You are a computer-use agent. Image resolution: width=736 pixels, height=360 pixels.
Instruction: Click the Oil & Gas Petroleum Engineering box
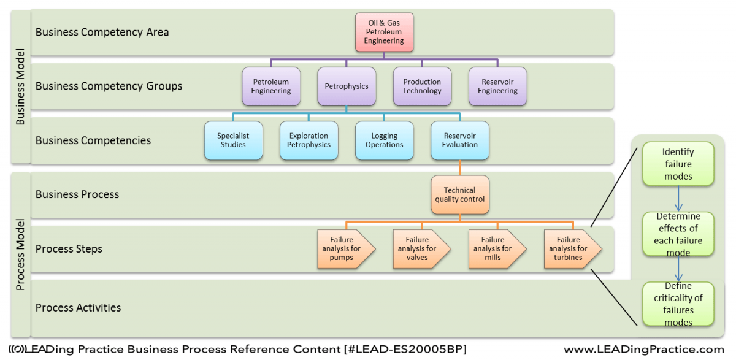point(384,32)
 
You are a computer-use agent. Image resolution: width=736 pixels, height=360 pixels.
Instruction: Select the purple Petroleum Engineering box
point(271,86)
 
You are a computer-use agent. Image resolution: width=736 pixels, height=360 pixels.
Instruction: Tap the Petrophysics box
point(347,86)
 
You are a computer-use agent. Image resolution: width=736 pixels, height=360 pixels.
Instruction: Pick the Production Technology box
point(422,86)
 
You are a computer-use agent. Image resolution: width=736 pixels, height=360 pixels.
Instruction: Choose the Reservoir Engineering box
point(498,86)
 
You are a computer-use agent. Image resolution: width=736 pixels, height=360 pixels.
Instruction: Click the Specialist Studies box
point(233,140)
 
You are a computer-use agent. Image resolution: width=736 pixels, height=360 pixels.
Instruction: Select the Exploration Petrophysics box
point(309,140)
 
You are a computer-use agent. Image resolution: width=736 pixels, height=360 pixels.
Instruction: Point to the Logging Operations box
point(385,140)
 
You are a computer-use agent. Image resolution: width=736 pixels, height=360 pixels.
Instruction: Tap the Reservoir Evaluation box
point(460,140)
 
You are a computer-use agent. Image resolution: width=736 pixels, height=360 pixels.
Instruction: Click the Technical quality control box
point(460,195)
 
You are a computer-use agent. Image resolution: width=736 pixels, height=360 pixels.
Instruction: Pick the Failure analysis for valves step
point(421,249)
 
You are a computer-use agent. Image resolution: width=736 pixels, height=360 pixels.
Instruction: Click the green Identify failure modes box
point(678,164)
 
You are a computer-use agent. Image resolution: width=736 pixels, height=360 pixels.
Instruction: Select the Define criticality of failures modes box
point(678,304)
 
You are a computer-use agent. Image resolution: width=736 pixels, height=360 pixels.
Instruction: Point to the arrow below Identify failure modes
point(678,199)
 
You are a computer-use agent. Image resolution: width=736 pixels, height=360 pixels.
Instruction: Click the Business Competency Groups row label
point(109,86)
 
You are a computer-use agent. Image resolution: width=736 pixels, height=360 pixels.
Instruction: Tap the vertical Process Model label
point(20,255)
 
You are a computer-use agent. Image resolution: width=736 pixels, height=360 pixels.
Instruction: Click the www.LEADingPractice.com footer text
point(645,349)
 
